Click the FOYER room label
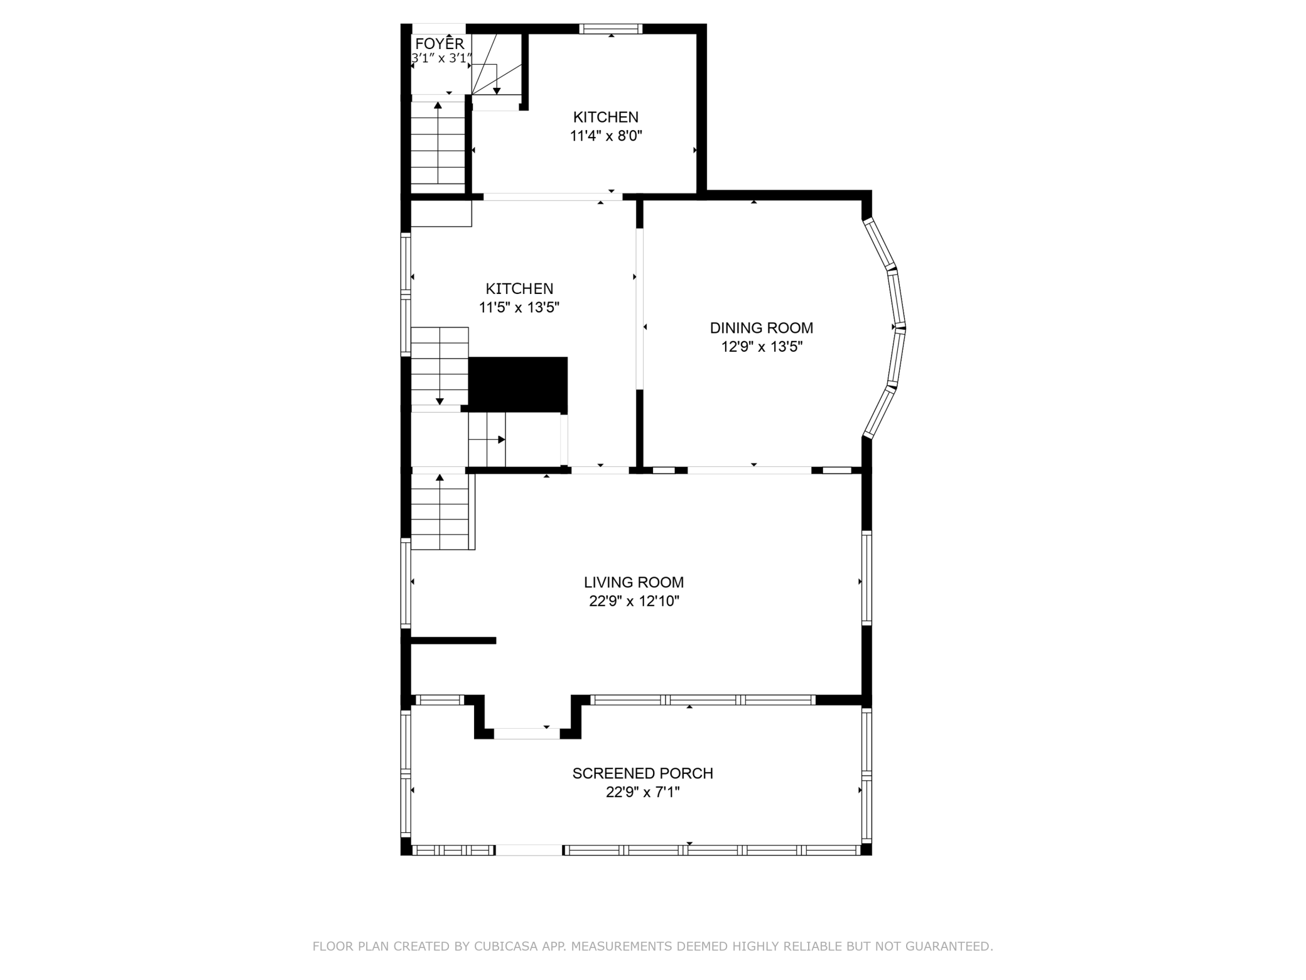[x=440, y=43]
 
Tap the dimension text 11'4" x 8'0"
[x=606, y=136]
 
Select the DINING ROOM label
[x=762, y=328]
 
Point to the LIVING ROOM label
[x=634, y=582]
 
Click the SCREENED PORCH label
[x=643, y=773]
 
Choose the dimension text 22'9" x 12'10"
[x=634, y=601]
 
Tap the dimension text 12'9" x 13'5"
[x=762, y=347]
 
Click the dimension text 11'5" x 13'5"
[x=519, y=308]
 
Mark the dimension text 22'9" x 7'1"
[x=643, y=792]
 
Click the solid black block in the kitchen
[x=518, y=385]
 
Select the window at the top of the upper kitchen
[x=611, y=28]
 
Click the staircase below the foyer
[x=438, y=143]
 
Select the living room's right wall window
[x=866, y=578]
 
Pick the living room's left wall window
[x=406, y=583]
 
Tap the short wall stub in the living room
[x=453, y=641]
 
